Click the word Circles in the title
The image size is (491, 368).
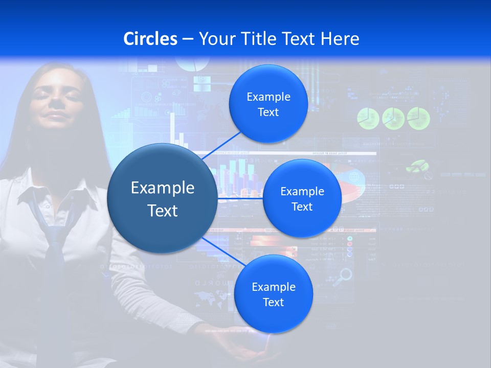(150, 39)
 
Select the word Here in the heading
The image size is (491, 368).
(340, 39)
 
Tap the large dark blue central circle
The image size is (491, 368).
(162, 198)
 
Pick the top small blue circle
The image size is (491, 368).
(268, 104)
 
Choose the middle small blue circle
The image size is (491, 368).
(302, 198)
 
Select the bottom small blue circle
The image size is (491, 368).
(273, 294)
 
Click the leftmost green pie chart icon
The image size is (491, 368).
(368, 118)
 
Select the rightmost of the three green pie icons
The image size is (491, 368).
(418, 118)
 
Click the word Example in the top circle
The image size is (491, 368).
(268, 97)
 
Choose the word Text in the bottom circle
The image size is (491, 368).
(273, 302)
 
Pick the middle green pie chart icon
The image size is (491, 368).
(393, 118)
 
